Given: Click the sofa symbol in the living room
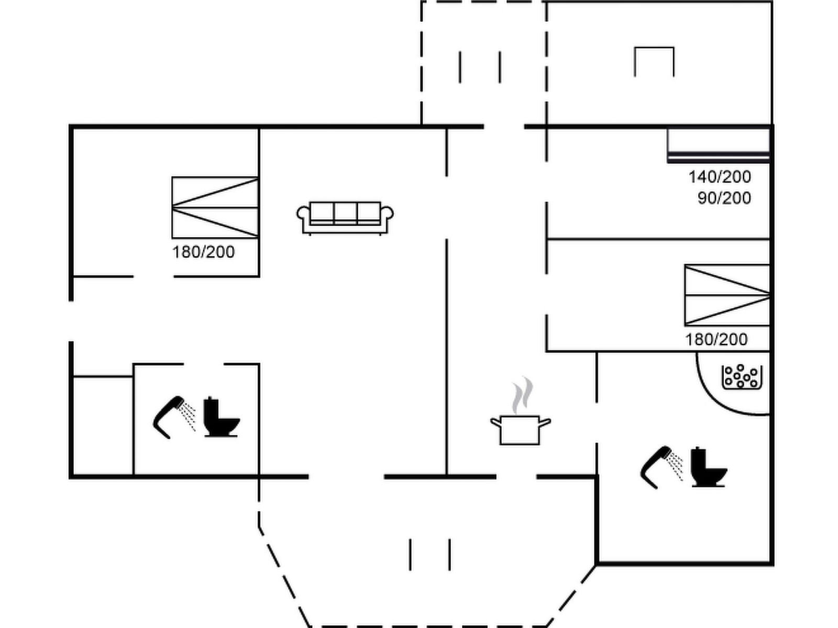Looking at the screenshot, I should coord(345,217).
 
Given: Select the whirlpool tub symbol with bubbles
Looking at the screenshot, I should coord(742,377).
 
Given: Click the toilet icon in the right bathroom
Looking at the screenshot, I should coord(708,467).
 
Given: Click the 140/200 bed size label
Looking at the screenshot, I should coord(719,177).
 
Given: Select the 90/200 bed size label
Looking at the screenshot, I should coord(724,198).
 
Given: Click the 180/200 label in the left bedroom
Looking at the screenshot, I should coord(203,252).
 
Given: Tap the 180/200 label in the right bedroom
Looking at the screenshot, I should coord(716,340).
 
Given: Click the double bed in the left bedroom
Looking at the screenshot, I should coord(215,208).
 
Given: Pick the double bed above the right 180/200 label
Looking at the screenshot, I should coord(727,295).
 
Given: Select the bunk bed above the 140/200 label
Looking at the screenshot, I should coord(718,145).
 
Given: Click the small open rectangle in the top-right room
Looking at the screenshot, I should coord(654,61).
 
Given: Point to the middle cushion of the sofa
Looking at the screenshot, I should coord(345,213).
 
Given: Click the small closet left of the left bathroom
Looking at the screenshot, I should coord(103,425).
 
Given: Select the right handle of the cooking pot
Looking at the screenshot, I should coord(545,421).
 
